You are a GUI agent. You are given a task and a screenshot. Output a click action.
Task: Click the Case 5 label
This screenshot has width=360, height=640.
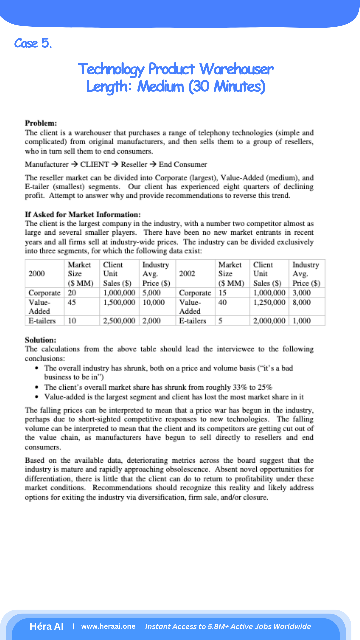pos(33,43)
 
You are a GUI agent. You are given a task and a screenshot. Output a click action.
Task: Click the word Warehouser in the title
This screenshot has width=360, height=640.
pos(236,69)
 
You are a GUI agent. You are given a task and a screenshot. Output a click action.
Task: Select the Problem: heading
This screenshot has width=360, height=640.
pos(41,123)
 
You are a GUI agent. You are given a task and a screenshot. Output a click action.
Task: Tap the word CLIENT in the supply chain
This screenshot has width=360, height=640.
pos(94,164)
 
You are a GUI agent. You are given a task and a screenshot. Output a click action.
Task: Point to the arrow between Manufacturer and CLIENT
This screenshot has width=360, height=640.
pos(74,164)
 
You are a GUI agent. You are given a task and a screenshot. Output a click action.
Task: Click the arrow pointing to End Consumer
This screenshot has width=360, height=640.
pos(153,164)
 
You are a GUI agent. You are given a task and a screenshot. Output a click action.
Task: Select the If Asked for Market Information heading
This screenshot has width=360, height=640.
pos(83,214)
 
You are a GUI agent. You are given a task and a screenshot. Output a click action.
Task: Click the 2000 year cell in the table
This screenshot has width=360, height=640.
pos(36,274)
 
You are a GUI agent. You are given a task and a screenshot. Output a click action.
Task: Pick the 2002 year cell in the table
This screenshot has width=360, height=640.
pos(187,274)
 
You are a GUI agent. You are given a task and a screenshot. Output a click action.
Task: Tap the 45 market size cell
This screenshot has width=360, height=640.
pos(72,302)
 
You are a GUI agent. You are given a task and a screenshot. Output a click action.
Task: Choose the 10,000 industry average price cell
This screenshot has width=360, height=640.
pos(154,302)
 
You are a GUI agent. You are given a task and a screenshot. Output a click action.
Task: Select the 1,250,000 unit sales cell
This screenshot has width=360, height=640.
pos(269,302)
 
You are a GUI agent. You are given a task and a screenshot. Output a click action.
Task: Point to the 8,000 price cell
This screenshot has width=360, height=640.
pos(301,302)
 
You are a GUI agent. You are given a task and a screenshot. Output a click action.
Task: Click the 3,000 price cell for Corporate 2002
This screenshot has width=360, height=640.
pos(301,293)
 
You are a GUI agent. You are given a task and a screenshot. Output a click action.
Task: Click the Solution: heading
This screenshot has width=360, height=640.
pos(41,340)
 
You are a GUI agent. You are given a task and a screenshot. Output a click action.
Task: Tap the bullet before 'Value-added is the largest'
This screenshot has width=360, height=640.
pos(37,397)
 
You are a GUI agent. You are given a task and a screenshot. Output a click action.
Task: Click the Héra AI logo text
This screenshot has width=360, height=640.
pos(47,626)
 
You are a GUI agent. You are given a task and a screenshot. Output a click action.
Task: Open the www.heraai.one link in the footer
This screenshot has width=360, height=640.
pos(108,626)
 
